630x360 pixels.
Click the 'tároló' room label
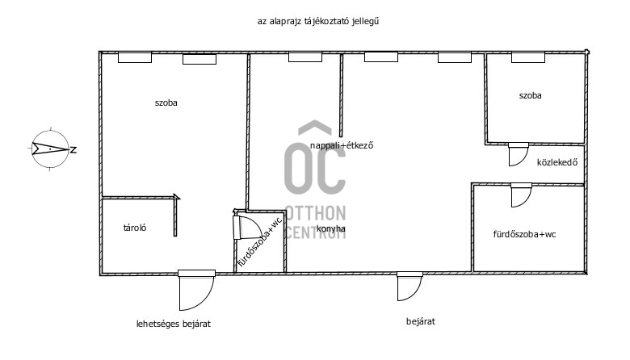pyautogui.click(x=135, y=228)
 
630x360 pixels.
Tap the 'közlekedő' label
pyautogui.click(x=557, y=162)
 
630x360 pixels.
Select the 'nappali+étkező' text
pyautogui.click(x=342, y=145)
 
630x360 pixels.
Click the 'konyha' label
pyautogui.click(x=331, y=228)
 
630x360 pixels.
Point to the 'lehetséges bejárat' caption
pyautogui.click(x=174, y=324)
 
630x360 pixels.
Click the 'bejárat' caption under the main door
pyautogui.click(x=421, y=321)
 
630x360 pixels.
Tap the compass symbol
pyautogui.click(x=50, y=149)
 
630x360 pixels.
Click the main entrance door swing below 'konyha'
pyautogui.click(x=409, y=287)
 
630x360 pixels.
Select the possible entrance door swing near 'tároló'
pyautogui.click(x=196, y=290)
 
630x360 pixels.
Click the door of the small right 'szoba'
pyautogui.click(x=519, y=154)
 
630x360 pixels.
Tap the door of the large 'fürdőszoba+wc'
pyautogui.click(x=521, y=195)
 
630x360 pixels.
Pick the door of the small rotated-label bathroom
pyautogui.click(x=247, y=227)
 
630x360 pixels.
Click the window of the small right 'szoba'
pyautogui.click(x=528, y=57)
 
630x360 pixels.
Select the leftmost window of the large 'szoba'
pyautogui.click(x=135, y=57)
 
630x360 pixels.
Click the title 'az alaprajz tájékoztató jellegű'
pyautogui.click(x=318, y=21)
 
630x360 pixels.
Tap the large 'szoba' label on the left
pyautogui.click(x=166, y=103)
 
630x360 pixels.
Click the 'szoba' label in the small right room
pyautogui.click(x=530, y=95)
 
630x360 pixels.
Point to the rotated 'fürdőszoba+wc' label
pyautogui.click(x=260, y=242)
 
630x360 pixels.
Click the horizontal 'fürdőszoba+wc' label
pyautogui.click(x=524, y=234)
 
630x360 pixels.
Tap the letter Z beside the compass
pyautogui.click(x=73, y=150)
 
